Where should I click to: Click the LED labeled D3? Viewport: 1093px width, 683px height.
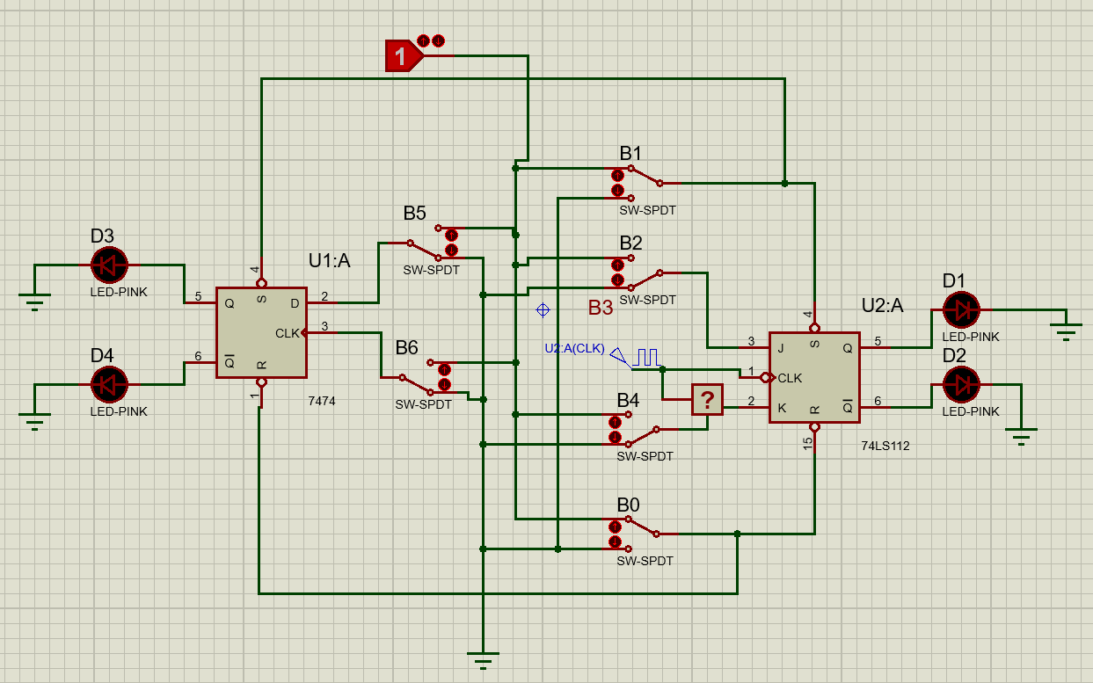[110, 263]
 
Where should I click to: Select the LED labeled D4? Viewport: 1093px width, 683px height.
[110, 384]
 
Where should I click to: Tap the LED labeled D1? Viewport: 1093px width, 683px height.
[960, 309]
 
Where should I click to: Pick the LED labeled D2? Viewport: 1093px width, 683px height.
[960, 384]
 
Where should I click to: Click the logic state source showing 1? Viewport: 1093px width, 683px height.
[401, 57]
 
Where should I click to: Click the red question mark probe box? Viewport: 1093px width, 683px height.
[707, 400]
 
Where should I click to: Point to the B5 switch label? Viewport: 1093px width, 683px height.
[415, 213]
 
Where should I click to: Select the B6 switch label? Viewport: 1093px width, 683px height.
[406, 348]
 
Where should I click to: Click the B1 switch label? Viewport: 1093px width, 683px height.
[630, 154]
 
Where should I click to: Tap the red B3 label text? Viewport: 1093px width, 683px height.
[601, 308]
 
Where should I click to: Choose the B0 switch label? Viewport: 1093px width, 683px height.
[628, 505]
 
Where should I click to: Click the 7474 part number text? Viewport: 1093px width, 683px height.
[321, 401]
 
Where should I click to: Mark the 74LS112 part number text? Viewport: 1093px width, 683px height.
[885, 446]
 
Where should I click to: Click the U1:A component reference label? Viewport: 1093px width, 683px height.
[329, 260]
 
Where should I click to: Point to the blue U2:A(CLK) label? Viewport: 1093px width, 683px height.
[574, 348]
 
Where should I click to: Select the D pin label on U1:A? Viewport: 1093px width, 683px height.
[295, 303]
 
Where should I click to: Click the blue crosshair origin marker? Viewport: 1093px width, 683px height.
[543, 309]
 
